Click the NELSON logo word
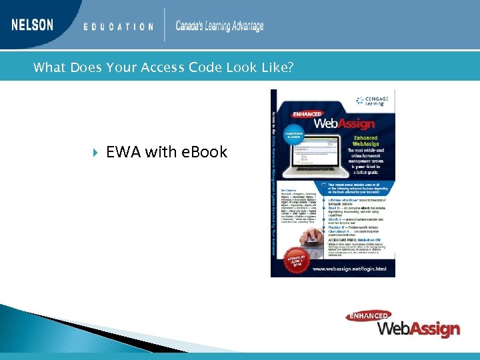coord(32,25)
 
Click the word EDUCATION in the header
coord(118,27)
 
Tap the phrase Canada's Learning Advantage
coord(219,26)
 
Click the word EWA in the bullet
coord(124,153)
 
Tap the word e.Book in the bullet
coord(204,153)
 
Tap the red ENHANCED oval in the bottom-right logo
coord(368,316)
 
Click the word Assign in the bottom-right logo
coord(436,329)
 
